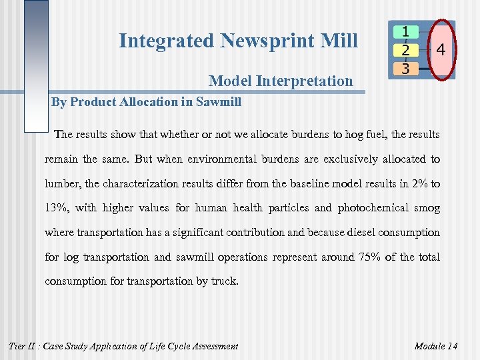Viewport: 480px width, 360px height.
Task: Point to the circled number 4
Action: point(441,50)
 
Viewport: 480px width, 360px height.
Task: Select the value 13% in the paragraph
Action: point(57,208)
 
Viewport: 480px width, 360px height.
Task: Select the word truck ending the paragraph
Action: point(223,281)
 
